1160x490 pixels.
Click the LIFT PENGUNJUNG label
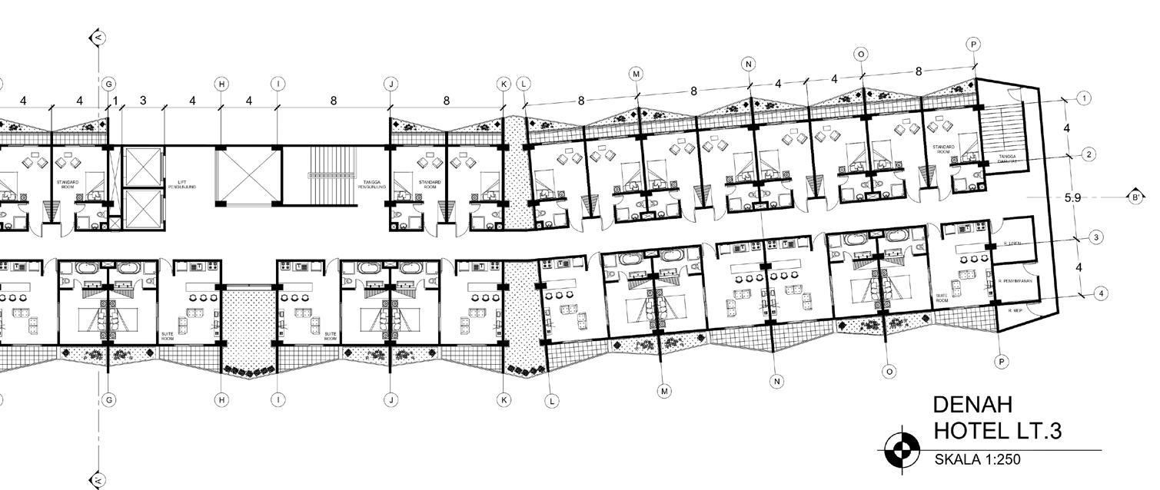182,184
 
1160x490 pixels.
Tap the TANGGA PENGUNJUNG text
376,184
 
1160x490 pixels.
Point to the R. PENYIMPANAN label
1014,282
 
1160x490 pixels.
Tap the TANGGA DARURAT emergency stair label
1008,157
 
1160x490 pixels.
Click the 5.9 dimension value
1073,197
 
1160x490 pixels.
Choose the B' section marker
1135,197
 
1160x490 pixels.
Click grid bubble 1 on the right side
1084,98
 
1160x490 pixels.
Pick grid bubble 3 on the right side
1095,238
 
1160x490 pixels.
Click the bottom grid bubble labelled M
665,391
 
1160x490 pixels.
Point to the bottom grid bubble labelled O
889,372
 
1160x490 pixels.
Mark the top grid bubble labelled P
973,45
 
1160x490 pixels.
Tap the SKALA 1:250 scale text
977,459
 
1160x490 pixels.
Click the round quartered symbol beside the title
902,450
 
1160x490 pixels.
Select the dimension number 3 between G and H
143,101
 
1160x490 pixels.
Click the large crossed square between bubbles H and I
248,175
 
